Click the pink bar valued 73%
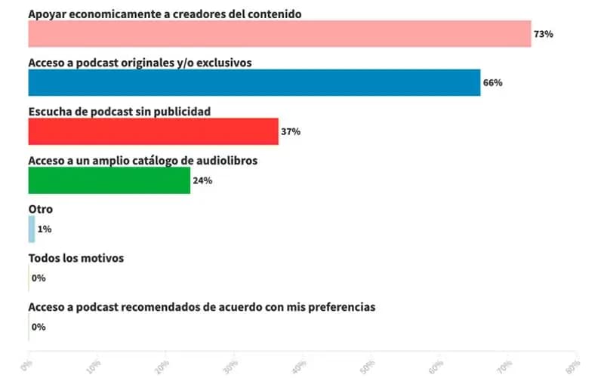click(279, 34)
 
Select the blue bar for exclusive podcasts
click(254, 83)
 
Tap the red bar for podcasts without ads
click(153, 131)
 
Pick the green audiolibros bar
click(109, 180)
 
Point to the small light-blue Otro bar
click(32, 229)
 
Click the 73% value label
click(544, 34)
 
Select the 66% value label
click(493, 83)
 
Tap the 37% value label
click(291, 131)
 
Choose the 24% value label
click(202, 180)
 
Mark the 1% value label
click(44, 229)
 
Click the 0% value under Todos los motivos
click(39, 278)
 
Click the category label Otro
click(40, 209)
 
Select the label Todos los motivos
click(75, 258)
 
